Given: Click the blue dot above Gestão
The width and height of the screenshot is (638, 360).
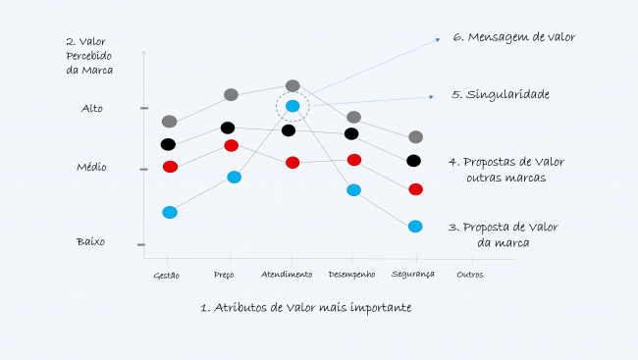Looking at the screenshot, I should coord(170,212).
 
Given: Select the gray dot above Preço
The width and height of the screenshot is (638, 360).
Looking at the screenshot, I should coord(231,94).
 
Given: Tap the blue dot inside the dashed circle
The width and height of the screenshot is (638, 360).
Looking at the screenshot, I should coord(292,106).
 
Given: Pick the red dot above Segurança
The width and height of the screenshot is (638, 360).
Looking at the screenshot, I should coord(415,188).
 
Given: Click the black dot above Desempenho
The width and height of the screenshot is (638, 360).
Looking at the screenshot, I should coord(351,133).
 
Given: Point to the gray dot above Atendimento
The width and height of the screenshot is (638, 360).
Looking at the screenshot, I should coord(292,86).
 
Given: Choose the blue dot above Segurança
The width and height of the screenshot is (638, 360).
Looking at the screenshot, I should coord(415,227).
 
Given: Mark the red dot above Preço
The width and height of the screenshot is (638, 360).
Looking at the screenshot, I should coord(232,145).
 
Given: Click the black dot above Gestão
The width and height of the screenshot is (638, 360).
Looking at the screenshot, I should coord(168,144).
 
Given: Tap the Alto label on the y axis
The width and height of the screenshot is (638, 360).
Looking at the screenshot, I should coord(91,108).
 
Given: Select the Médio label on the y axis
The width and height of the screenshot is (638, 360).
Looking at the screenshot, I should coord(91,168).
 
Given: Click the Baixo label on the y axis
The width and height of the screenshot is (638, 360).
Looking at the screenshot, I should coord(91,241).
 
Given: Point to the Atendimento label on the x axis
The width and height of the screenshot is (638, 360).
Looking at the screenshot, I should coord(287,275).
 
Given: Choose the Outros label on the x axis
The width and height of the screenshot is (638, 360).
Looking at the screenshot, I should coord(470,275).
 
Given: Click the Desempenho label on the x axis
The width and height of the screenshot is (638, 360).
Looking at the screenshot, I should coord(350,275).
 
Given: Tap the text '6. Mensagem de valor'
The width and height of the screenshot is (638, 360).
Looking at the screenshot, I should coord(513,37).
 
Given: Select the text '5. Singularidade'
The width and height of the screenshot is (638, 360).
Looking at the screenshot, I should coord(500,95).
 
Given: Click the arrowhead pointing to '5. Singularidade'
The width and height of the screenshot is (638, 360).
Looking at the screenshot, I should coord(432,96).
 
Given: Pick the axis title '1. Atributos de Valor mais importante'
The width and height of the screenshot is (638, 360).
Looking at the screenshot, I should coord(305,307).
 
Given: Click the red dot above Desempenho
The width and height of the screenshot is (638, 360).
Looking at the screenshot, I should coord(354,159).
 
